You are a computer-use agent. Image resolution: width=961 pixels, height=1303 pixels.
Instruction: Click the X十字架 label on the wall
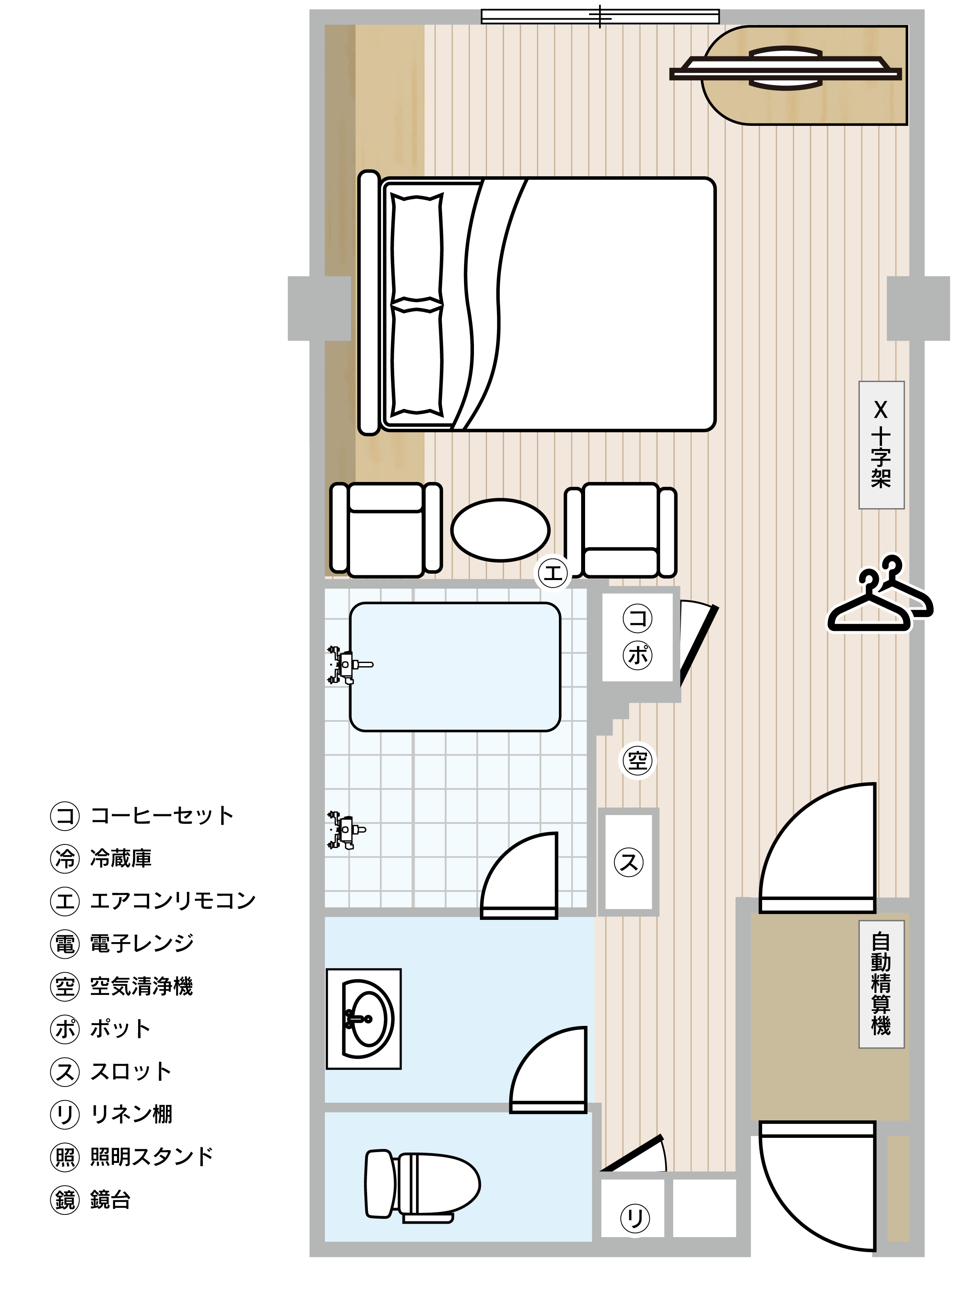(881, 445)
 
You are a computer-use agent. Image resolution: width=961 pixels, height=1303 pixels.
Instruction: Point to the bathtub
(455, 667)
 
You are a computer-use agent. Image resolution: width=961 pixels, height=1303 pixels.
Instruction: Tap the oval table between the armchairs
(500, 530)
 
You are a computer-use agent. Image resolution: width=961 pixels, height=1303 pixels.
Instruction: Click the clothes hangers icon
(880, 594)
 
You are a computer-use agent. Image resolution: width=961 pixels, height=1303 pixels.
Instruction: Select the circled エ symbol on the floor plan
(553, 573)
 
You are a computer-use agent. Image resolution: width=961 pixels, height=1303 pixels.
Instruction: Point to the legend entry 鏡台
(110, 1200)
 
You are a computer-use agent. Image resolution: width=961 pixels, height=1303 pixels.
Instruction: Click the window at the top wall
(600, 16)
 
